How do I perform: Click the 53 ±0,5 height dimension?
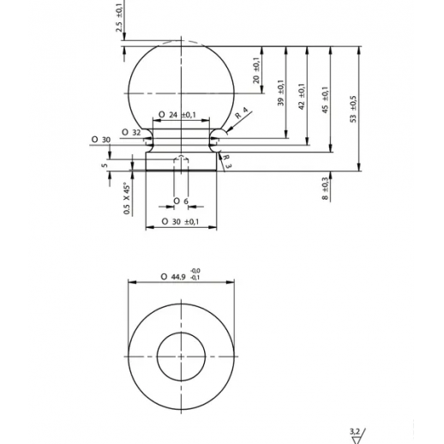(353, 109)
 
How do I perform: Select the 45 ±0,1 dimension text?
(325, 100)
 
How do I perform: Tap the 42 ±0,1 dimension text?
(302, 97)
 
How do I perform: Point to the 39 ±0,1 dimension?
(281, 93)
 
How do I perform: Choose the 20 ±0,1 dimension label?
(256, 70)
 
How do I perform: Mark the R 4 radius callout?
(241, 113)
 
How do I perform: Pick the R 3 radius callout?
(227, 161)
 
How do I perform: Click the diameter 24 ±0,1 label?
(177, 115)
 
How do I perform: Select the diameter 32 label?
(131, 133)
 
